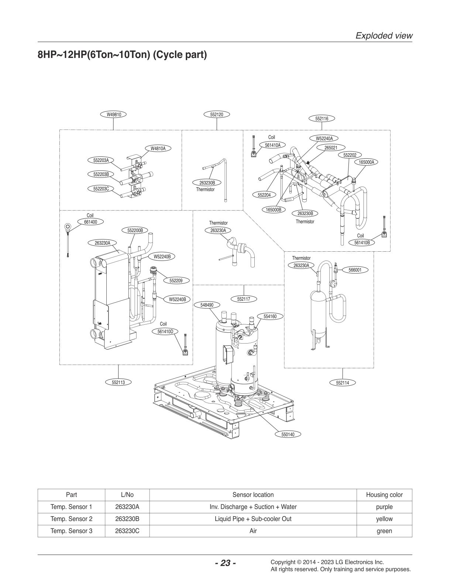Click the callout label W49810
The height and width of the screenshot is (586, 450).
tap(114, 114)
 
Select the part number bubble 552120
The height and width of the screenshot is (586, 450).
tap(217, 114)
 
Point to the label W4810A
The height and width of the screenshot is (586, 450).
tap(158, 148)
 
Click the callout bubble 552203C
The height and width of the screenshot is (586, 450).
tap(101, 189)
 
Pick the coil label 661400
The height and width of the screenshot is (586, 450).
tap(90, 222)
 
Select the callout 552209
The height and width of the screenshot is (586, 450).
tap(176, 281)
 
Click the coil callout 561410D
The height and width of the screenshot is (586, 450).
tap(165, 331)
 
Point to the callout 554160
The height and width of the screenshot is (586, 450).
tap(270, 316)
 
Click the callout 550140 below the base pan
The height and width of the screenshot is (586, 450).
tap(288, 434)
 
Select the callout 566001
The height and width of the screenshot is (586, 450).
tap(355, 270)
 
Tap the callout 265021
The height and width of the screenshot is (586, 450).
tap(331, 147)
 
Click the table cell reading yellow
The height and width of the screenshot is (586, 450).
tap(384, 519)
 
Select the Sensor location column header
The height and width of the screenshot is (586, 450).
tap(253, 495)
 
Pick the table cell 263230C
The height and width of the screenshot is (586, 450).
tap(127, 531)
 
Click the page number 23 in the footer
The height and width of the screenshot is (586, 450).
tap(225, 563)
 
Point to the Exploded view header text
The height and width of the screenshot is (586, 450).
tap(384, 36)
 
